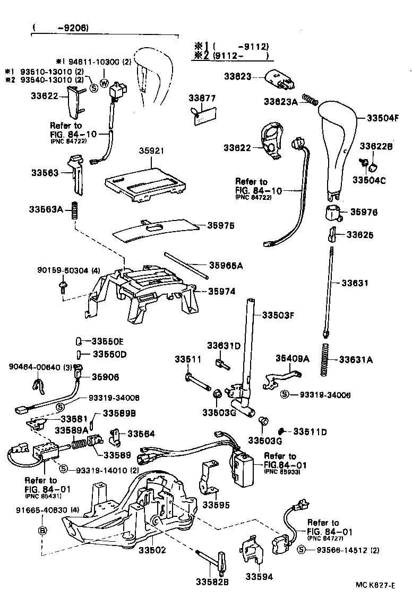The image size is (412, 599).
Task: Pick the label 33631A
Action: tap(356, 360)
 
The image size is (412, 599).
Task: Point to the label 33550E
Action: tap(108, 341)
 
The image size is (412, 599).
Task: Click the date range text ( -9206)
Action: tap(59, 28)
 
